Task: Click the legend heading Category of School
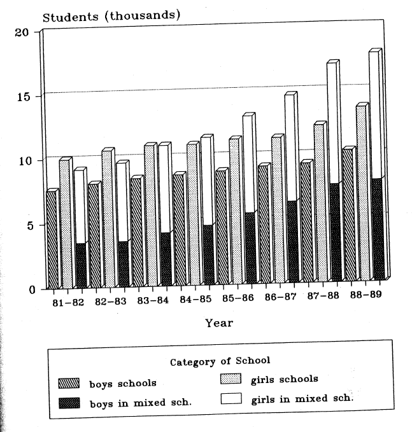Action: (x=219, y=362)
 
